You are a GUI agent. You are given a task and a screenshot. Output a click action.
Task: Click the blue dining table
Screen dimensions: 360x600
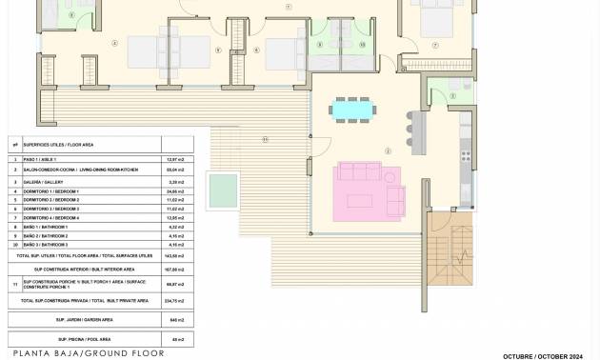tap(351, 110)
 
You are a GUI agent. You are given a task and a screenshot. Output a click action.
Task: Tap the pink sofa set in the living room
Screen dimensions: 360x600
tap(365, 185)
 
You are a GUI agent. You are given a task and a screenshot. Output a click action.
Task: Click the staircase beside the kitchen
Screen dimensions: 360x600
tap(450, 250)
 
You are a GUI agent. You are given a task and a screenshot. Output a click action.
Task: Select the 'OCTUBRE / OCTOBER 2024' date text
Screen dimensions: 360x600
tap(543, 356)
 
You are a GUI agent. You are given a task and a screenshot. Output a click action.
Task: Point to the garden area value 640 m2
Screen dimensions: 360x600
tap(175, 320)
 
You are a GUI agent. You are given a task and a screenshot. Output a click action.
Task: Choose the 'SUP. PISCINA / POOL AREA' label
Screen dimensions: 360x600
tap(84, 339)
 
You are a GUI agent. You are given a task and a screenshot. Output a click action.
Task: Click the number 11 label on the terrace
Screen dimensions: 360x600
tap(266, 140)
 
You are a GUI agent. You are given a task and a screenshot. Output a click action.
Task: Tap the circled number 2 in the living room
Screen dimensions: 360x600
tap(388, 151)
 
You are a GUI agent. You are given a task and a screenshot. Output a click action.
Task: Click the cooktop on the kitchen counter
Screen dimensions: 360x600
tap(464, 151)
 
